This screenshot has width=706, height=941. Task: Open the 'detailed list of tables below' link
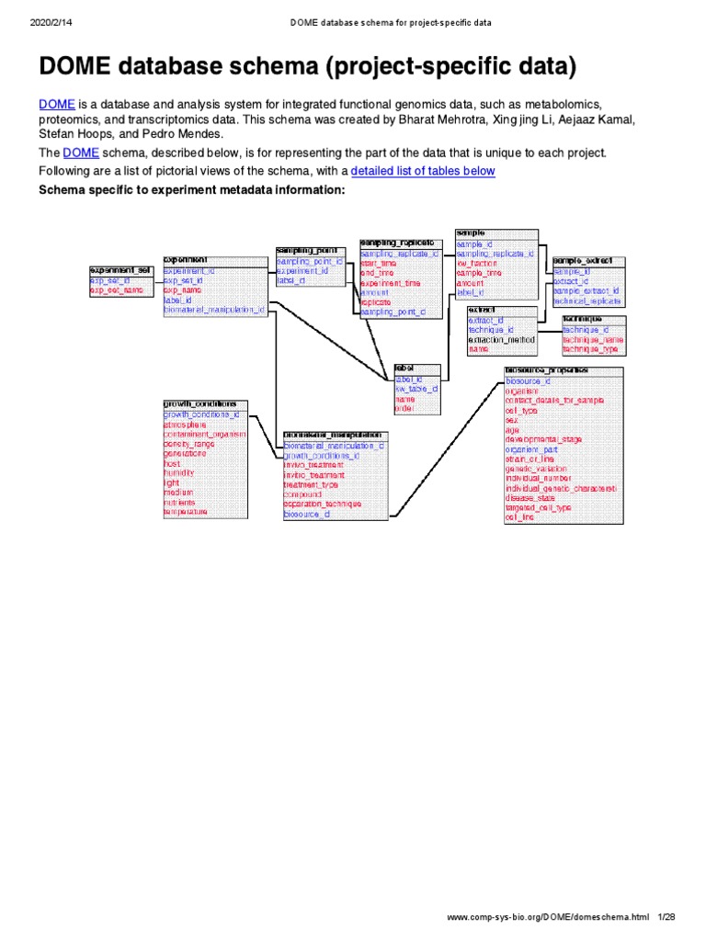(423, 171)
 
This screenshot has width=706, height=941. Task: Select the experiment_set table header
(120, 270)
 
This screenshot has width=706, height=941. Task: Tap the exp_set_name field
(117, 290)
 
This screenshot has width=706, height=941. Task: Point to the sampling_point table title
(307, 250)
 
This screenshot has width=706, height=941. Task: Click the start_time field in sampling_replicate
(378, 263)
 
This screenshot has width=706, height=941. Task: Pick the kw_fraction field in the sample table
(476, 263)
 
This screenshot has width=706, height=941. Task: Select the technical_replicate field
(587, 300)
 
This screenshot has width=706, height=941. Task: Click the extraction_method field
(502, 339)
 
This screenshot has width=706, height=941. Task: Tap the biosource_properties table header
(547, 370)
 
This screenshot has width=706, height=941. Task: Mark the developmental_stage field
(543, 439)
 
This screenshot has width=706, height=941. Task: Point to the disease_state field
(530, 497)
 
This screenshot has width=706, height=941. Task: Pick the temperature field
(186, 512)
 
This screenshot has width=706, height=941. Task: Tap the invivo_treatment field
(313, 465)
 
